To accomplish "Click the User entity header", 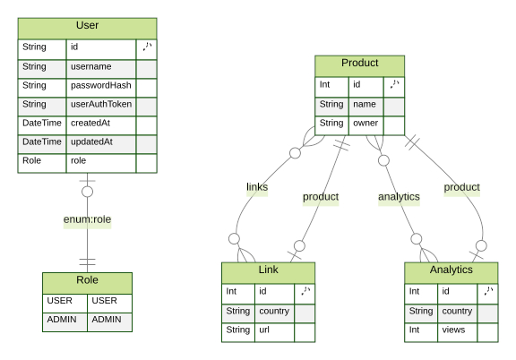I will pos(87,26).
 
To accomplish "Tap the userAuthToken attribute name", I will pos(100,105).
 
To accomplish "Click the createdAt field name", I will pos(90,124).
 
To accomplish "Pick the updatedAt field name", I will pos(91,142).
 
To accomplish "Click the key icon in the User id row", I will pos(146,47).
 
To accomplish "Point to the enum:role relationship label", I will pos(87,219).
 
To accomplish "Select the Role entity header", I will pos(87,280).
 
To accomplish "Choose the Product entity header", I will pos(359,64).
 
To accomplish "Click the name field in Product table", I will pos(363,105).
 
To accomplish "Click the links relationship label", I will pos(257,187).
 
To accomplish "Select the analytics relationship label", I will pos(398,197).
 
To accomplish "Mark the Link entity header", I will pos(268,270).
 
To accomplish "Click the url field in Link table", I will pos(266,330).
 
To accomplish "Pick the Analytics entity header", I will pos(451,270).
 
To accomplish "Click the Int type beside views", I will pos(415,330).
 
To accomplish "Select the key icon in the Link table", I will pos(305,291).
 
